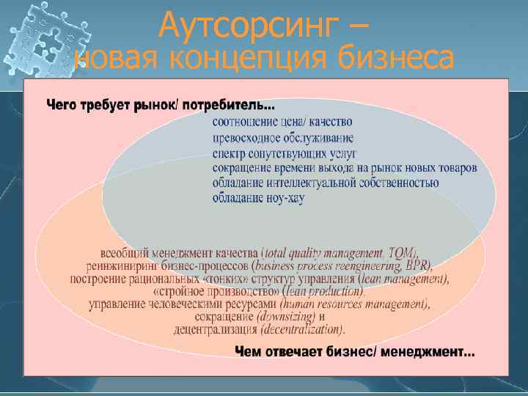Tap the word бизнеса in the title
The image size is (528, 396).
(x=397, y=58)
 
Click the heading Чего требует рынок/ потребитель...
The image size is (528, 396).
(x=161, y=106)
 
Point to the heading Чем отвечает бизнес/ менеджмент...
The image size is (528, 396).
(x=354, y=352)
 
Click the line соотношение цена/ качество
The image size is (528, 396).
(x=282, y=122)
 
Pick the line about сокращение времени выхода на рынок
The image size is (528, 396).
(x=345, y=168)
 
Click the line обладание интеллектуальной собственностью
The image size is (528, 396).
(x=326, y=183)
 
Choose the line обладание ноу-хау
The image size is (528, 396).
(x=258, y=198)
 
